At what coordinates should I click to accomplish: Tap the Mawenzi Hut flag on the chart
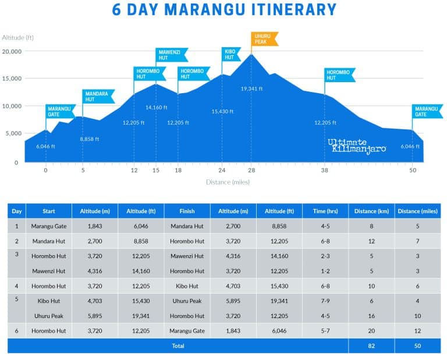[x=171, y=55]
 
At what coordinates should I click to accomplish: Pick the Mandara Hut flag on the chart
[x=98, y=96]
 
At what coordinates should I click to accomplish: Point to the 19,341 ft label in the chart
[x=252, y=89]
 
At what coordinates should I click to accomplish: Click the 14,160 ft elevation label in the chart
[x=156, y=107]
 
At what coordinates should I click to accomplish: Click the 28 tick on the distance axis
[x=251, y=171]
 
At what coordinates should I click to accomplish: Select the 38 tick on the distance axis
[x=324, y=171]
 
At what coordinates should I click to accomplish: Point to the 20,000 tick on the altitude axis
[x=12, y=51]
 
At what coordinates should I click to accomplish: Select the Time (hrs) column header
[x=325, y=210]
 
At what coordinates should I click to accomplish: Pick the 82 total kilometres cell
[x=371, y=345]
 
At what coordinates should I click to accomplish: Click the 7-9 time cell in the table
[x=325, y=301]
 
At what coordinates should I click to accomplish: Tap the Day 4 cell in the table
[x=17, y=286]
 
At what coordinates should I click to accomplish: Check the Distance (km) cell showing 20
[x=371, y=331]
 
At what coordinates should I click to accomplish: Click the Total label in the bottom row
[x=178, y=345]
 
